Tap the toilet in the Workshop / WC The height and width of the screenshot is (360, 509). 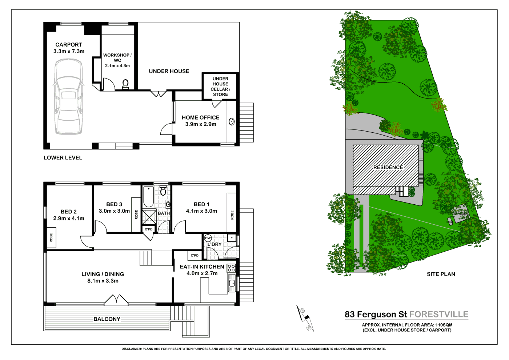pos(125,84)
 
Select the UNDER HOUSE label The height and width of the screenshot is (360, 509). pos(169,71)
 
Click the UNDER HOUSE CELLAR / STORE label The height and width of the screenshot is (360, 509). pos(220,87)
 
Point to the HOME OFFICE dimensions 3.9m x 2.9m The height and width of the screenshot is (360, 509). pos(201,124)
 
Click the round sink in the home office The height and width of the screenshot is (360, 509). pos(232,121)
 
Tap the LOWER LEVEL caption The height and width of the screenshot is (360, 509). pos(63,158)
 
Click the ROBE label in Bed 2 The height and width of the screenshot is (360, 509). pos(51,238)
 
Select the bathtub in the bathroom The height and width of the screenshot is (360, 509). pos(148,196)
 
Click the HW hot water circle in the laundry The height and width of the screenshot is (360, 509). pos(208,238)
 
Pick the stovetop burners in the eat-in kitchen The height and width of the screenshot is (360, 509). pos(231,268)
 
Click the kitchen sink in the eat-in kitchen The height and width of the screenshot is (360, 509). pos(232,283)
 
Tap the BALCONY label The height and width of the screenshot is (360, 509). pos(107,319)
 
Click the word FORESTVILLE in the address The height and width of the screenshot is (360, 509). pos(439,315)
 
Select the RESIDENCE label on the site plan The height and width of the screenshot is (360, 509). pos(388,167)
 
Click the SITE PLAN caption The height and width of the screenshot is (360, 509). pos(441,274)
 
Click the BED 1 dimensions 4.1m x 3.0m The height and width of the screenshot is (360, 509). pos(201,211)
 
